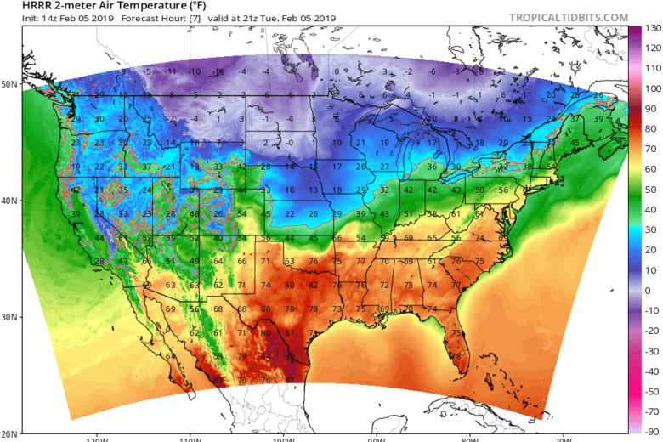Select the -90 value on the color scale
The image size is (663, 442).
pyautogui.click(x=652, y=432)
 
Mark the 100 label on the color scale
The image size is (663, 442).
pyautogui.click(x=652, y=89)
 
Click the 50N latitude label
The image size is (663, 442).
pyautogui.click(x=11, y=84)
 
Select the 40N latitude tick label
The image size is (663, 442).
pyautogui.click(x=11, y=201)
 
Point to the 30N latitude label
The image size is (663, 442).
pyautogui.click(x=11, y=317)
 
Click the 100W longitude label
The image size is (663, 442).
pyautogui.click(x=282, y=439)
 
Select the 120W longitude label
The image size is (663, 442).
pyautogui.click(x=96, y=439)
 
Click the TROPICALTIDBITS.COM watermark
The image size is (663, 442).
pyautogui.click(x=569, y=17)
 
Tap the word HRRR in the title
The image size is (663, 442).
pyautogui.click(x=19, y=6)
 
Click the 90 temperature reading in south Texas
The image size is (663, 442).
pyautogui.click(x=289, y=355)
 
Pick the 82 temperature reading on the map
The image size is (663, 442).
pyautogui.click(x=313, y=285)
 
